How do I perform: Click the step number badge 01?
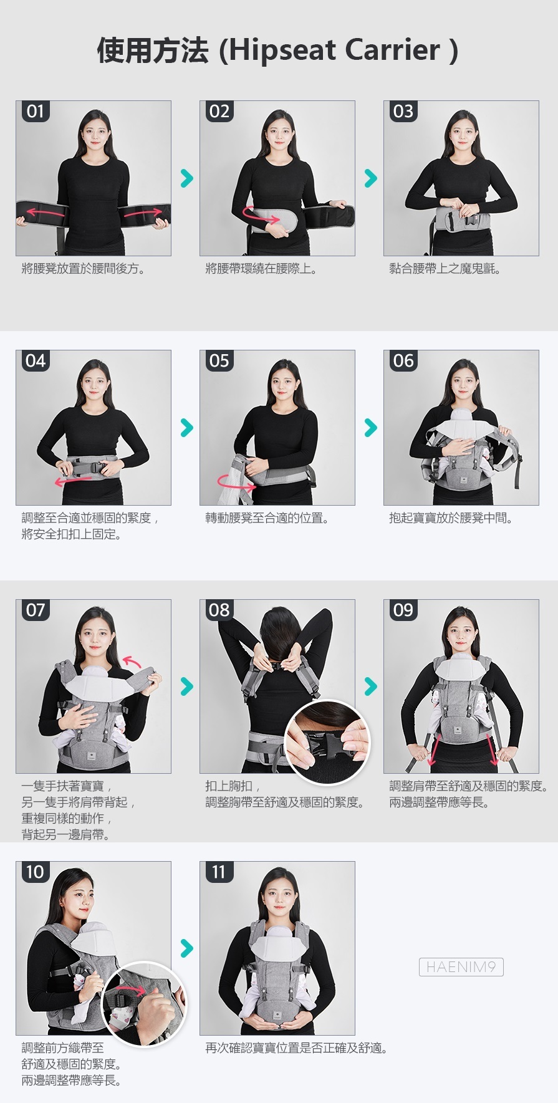[x=36, y=112]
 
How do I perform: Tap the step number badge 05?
[x=219, y=361]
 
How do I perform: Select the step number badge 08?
[x=219, y=610]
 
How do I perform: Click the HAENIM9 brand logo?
[x=461, y=967]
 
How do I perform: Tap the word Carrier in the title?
[x=393, y=50]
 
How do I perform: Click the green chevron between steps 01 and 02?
[x=186, y=178]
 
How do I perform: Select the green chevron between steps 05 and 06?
[x=370, y=428]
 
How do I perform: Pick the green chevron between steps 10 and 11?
[x=186, y=948]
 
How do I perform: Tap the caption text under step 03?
[x=445, y=269]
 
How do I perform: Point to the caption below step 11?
[x=297, y=1048]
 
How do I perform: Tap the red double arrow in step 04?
[x=74, y=479]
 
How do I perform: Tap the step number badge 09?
[x=403, y=610]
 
